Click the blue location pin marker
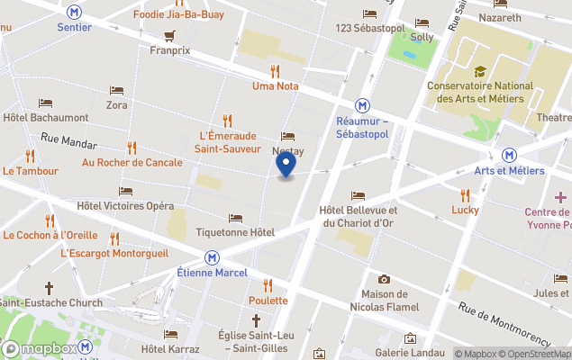286,166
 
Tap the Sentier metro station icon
74,12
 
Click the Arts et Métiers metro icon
510,155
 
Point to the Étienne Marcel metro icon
212,256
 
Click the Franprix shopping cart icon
169,36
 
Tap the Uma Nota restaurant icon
275,71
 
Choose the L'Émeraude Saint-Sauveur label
229,142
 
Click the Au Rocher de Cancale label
132,163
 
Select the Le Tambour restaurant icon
31,155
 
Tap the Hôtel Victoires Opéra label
125,206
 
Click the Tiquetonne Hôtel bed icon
235,218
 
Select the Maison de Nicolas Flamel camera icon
385,279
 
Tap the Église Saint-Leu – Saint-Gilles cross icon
256,320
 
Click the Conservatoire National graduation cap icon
480,71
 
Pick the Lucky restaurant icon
465,194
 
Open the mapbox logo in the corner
39,348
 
